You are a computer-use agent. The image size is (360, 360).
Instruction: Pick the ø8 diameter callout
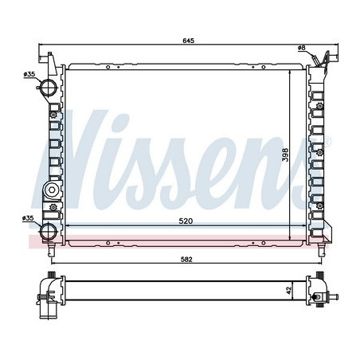301,49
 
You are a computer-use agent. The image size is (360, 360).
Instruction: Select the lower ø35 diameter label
29,217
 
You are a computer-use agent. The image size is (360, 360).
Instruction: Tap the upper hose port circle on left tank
49,87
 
